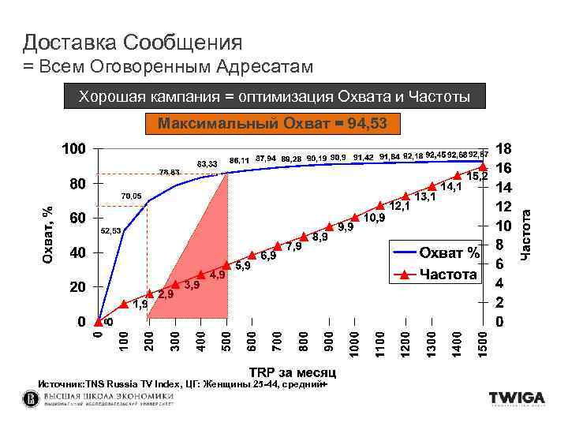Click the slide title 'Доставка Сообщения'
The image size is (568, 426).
[133, 41]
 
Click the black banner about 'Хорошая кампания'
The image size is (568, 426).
[274, 96]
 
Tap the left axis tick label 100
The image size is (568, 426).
[74, 149]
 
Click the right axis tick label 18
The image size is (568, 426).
[503, 149]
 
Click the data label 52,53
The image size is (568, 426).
[110, 230]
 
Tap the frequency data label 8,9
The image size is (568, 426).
[319, 236]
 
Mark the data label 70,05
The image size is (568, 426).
[131, 195]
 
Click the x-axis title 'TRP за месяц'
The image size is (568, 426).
[293, 372]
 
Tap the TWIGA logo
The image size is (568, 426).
[516, 398]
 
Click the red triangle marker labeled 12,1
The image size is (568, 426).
[380, 206]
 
